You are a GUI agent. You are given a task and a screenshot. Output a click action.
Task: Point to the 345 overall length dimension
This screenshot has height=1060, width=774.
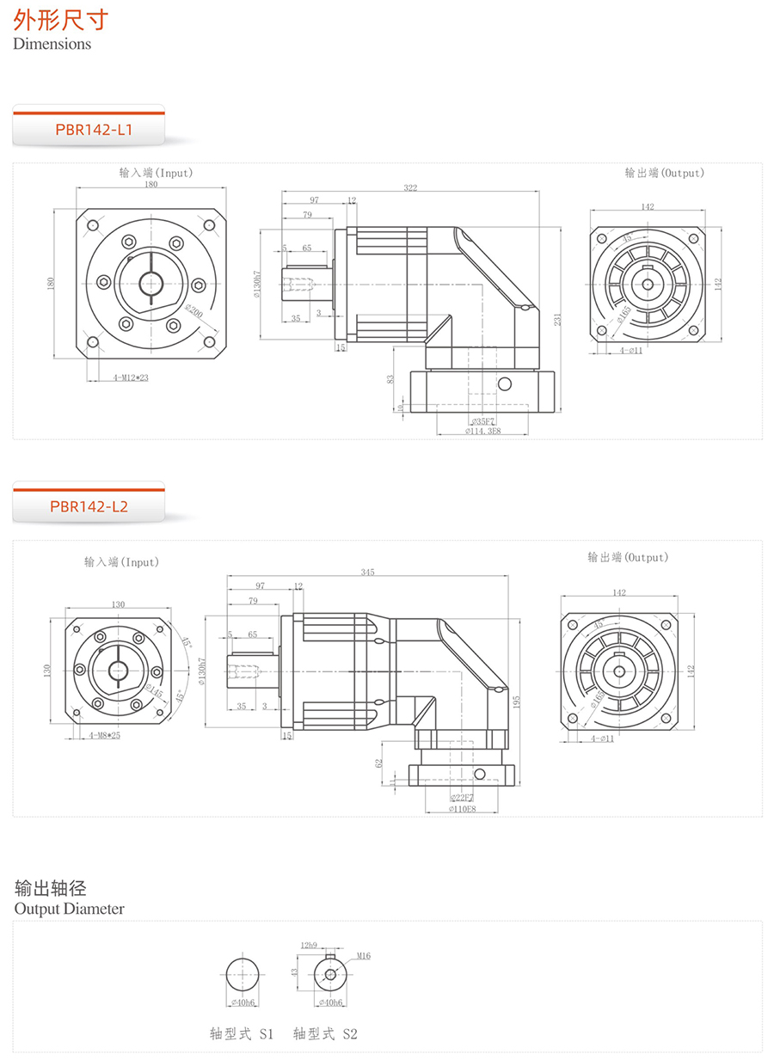367,573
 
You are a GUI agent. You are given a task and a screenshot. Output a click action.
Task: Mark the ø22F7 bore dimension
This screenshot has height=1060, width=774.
462,798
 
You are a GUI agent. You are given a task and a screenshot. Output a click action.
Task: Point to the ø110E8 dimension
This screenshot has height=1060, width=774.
462,809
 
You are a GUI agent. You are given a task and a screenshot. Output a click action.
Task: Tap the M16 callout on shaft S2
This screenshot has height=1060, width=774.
362,956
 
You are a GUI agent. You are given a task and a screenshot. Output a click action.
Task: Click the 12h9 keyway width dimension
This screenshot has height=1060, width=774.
310,945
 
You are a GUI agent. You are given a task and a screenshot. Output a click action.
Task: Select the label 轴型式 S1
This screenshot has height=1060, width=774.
242,1034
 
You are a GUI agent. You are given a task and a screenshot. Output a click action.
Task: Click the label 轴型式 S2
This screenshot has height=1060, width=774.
325,1034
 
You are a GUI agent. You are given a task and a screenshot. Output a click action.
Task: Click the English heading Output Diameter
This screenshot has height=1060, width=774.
69,909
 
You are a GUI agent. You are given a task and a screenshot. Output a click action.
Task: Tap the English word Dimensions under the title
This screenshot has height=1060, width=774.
52,44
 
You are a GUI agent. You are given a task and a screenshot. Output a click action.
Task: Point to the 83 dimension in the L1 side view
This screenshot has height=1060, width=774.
391,378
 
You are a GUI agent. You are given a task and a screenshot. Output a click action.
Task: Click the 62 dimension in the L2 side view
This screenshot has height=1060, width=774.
378,762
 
